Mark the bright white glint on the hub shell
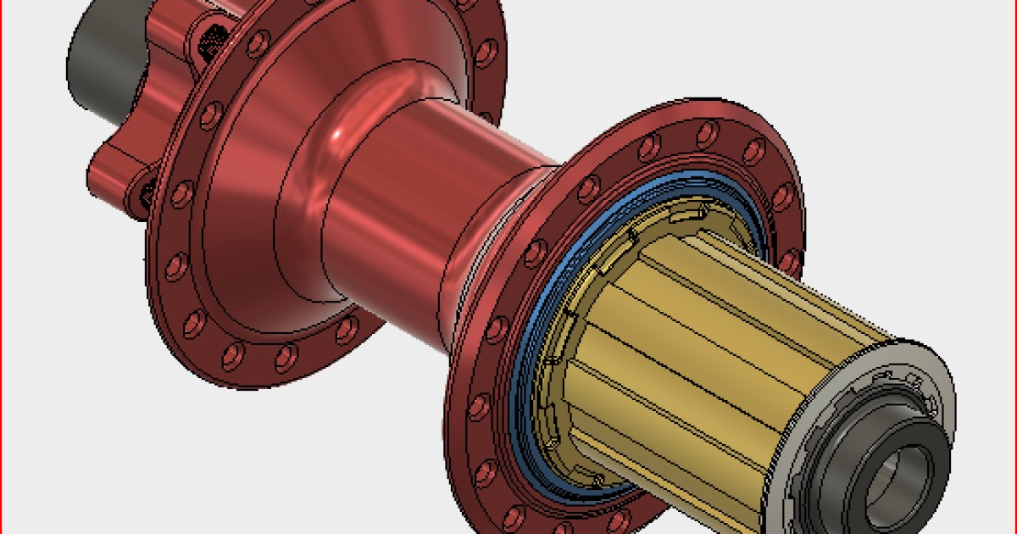342,135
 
